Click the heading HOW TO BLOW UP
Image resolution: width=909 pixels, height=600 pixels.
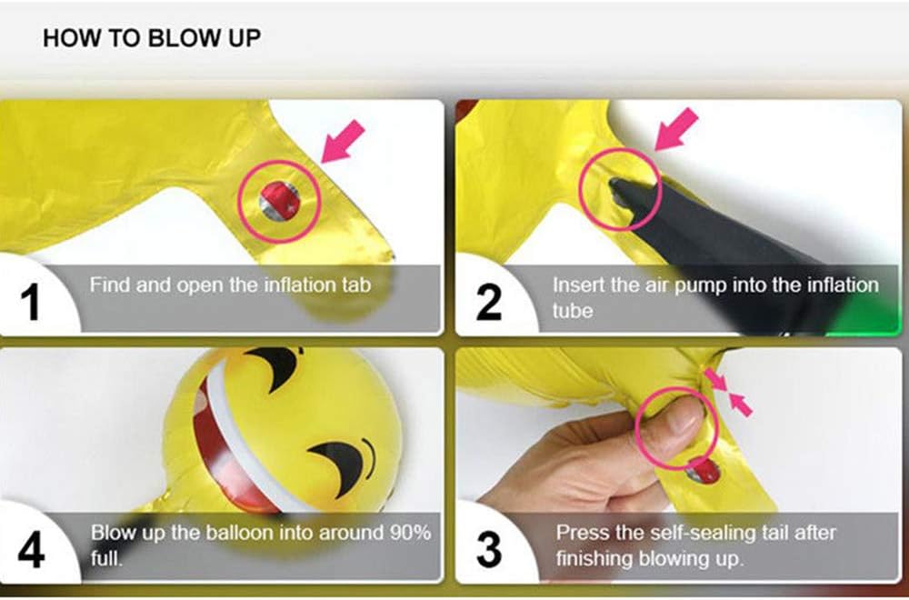click(x=152, y=38)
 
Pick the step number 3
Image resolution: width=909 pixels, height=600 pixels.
click(x=489, y=550)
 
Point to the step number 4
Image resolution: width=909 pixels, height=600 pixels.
click(x=31, y=550)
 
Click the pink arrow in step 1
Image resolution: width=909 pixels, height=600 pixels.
click(x=343, y=142)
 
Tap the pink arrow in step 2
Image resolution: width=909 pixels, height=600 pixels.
click(x=676, y=130)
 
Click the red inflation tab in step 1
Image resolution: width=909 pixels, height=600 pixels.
click(x=280, y=201)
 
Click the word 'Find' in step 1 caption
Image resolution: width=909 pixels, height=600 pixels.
click(x=106, y=285)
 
